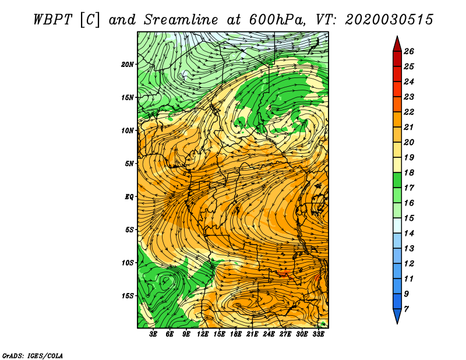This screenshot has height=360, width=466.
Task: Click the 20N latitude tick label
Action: point(128,64)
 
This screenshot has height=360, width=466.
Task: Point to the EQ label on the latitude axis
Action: point(129,196)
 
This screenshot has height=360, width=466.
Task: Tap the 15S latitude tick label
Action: point(128,295)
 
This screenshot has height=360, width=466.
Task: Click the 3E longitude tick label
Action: point(154,334)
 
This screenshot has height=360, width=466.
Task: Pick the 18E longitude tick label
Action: point(236,334)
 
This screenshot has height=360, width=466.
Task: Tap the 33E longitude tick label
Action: point(318,334)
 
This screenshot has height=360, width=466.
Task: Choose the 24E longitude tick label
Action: point(269,334)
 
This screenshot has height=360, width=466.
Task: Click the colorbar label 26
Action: point(408,51)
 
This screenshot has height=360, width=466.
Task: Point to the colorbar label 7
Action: point(406,308)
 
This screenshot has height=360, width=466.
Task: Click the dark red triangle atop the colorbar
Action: point(397,44)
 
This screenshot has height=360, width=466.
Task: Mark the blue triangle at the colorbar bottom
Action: point(397,316)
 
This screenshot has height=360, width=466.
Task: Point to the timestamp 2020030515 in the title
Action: point(389,19)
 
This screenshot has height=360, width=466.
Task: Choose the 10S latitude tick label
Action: point(128,263)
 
